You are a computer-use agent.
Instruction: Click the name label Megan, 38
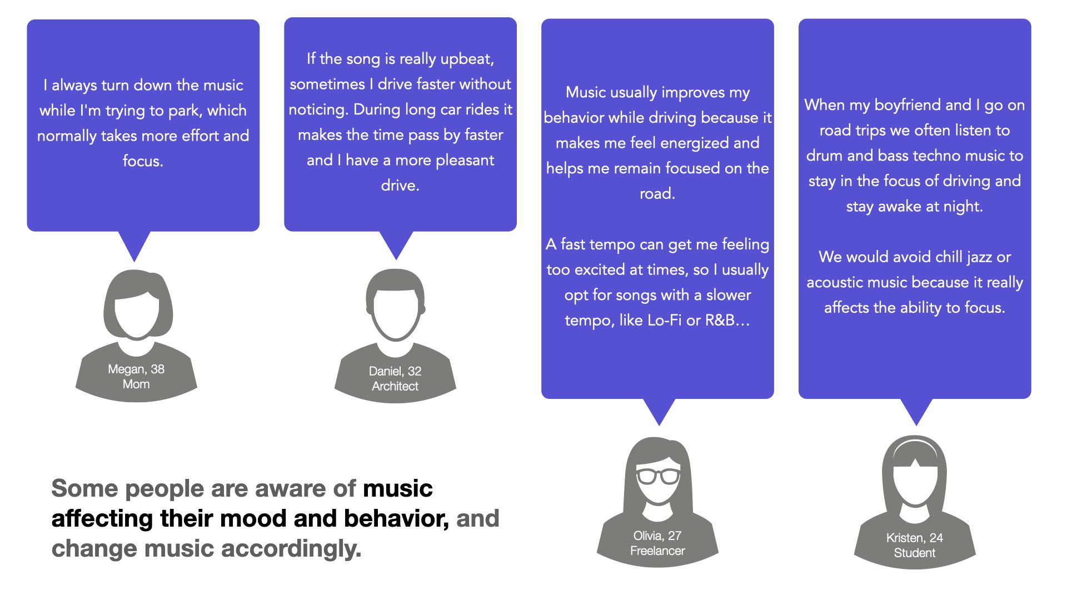pos(136,369)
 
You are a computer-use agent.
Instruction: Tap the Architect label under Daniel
pos(395,386)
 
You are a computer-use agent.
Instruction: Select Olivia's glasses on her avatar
pos(658,476)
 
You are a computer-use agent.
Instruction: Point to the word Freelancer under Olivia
pos(657,551)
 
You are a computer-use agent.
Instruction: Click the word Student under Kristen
pos(915,553)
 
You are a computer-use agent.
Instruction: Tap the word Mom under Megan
pos(136,384)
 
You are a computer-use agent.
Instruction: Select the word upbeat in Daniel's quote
pos(466,59)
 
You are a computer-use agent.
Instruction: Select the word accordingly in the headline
pos(291,549)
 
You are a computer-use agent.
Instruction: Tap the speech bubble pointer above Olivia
pos(659,412)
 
